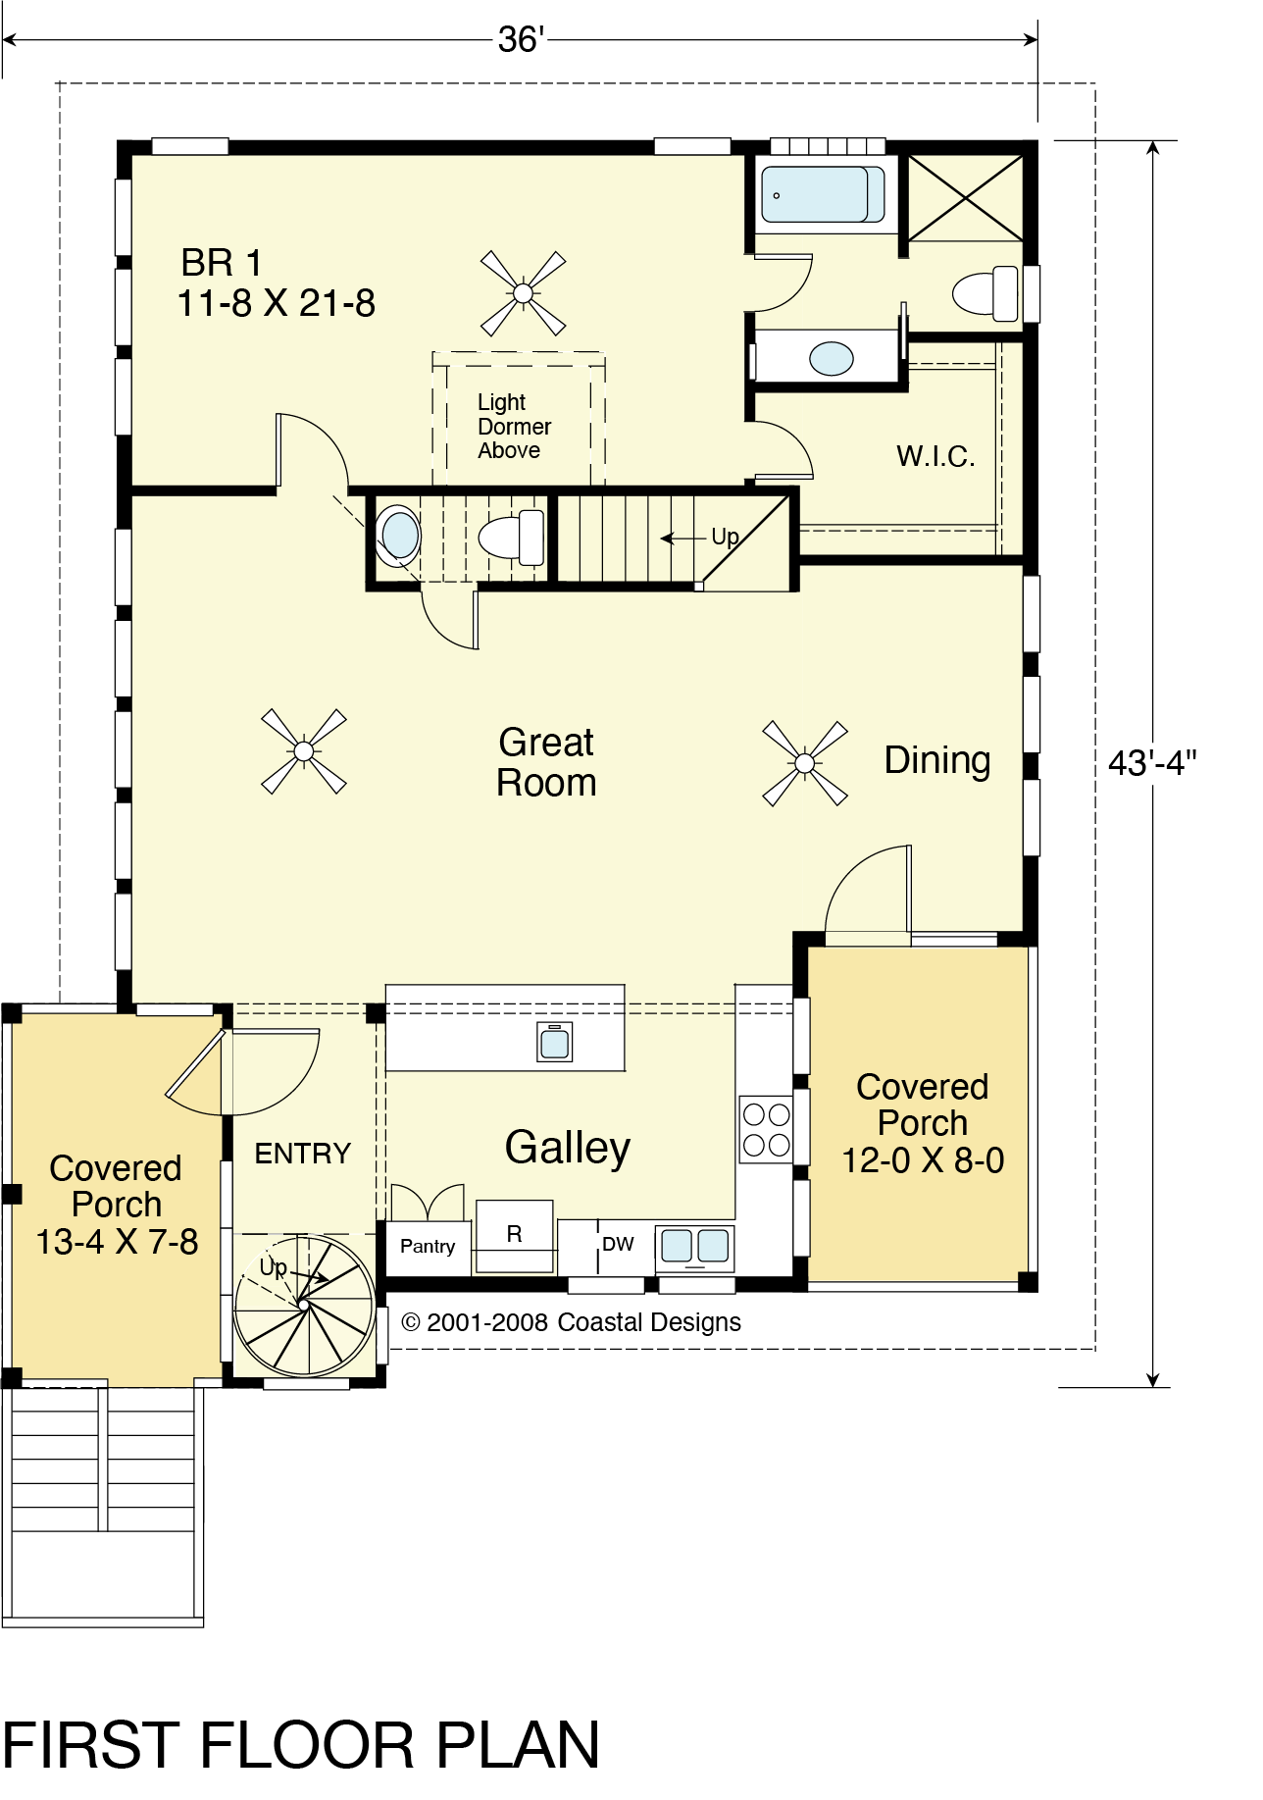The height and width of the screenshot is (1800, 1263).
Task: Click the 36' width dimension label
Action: [521, 39]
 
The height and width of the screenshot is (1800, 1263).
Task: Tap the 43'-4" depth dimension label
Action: [1152, 762]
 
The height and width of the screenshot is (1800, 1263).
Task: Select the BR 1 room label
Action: [222, 263]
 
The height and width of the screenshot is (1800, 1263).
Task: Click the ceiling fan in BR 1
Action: [523, 293]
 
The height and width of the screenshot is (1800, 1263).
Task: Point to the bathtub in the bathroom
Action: [824, 194]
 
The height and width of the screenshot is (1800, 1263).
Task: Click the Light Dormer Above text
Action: [514, 427]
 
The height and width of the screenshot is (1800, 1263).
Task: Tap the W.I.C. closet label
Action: [935, 456]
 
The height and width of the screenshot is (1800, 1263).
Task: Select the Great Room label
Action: [546, 762]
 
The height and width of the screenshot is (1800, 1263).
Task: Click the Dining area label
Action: [937, 761]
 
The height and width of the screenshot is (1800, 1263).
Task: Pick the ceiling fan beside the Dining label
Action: [805, 763]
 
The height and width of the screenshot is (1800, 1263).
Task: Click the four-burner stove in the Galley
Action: [766, 1129]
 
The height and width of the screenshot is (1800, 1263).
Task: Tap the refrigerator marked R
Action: [514, 1235]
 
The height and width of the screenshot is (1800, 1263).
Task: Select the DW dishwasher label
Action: [618, 1244]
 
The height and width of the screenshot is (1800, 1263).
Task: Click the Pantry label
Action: [428, 1247]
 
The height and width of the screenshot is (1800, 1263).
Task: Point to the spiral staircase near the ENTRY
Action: [305, 1306]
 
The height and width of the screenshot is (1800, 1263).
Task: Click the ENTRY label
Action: [302, 1154]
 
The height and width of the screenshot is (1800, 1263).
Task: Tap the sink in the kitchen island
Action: [555, 1043]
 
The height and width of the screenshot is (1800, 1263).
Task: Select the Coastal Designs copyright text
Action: [572, 1322]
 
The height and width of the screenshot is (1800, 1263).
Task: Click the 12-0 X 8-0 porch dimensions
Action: [923, 1160]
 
